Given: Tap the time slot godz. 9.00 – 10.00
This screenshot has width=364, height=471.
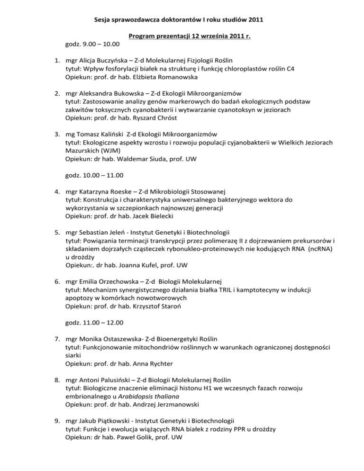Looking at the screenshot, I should (x=92, y=45).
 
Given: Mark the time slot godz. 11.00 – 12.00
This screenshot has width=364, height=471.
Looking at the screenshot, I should (x=95, y=324).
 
